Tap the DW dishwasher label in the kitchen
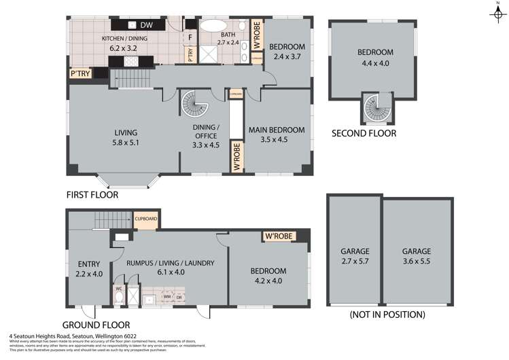(147, 26)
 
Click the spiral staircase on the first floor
(196, 105)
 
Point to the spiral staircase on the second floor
(376, 108)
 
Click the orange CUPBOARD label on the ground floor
(146, 219)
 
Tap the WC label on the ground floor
(120, 288)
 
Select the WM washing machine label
(167, 297)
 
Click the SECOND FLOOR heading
(364, 134)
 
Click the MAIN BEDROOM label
(276, 134)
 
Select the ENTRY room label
(88, 269)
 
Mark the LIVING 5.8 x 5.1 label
(126, 137)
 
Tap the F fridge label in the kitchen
(190, 37)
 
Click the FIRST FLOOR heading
(92, 195)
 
